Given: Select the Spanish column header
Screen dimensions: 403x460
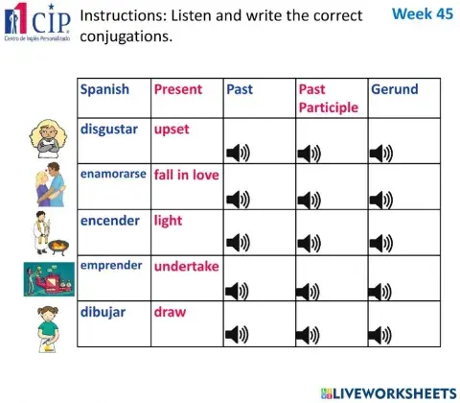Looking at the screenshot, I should tap(104, 89).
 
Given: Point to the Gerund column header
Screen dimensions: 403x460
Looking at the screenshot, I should tap(394, 89).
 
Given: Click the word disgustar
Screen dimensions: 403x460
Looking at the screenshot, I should tap(109, 129).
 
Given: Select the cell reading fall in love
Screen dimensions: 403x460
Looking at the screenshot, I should tap(186, 175).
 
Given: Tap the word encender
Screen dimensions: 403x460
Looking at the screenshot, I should tap(109, 220).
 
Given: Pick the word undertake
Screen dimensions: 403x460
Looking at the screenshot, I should tap(186, 266).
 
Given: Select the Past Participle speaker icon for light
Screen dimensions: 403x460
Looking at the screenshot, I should tap(309, 244).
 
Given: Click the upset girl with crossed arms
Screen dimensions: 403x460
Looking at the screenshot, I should tap(46, 140).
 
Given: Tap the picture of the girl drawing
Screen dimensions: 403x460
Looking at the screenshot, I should tap(46, 324).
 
